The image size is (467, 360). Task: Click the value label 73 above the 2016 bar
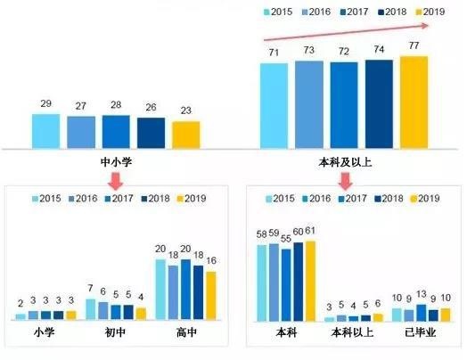(308, 52)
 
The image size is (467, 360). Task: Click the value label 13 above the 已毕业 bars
(422, 295)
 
